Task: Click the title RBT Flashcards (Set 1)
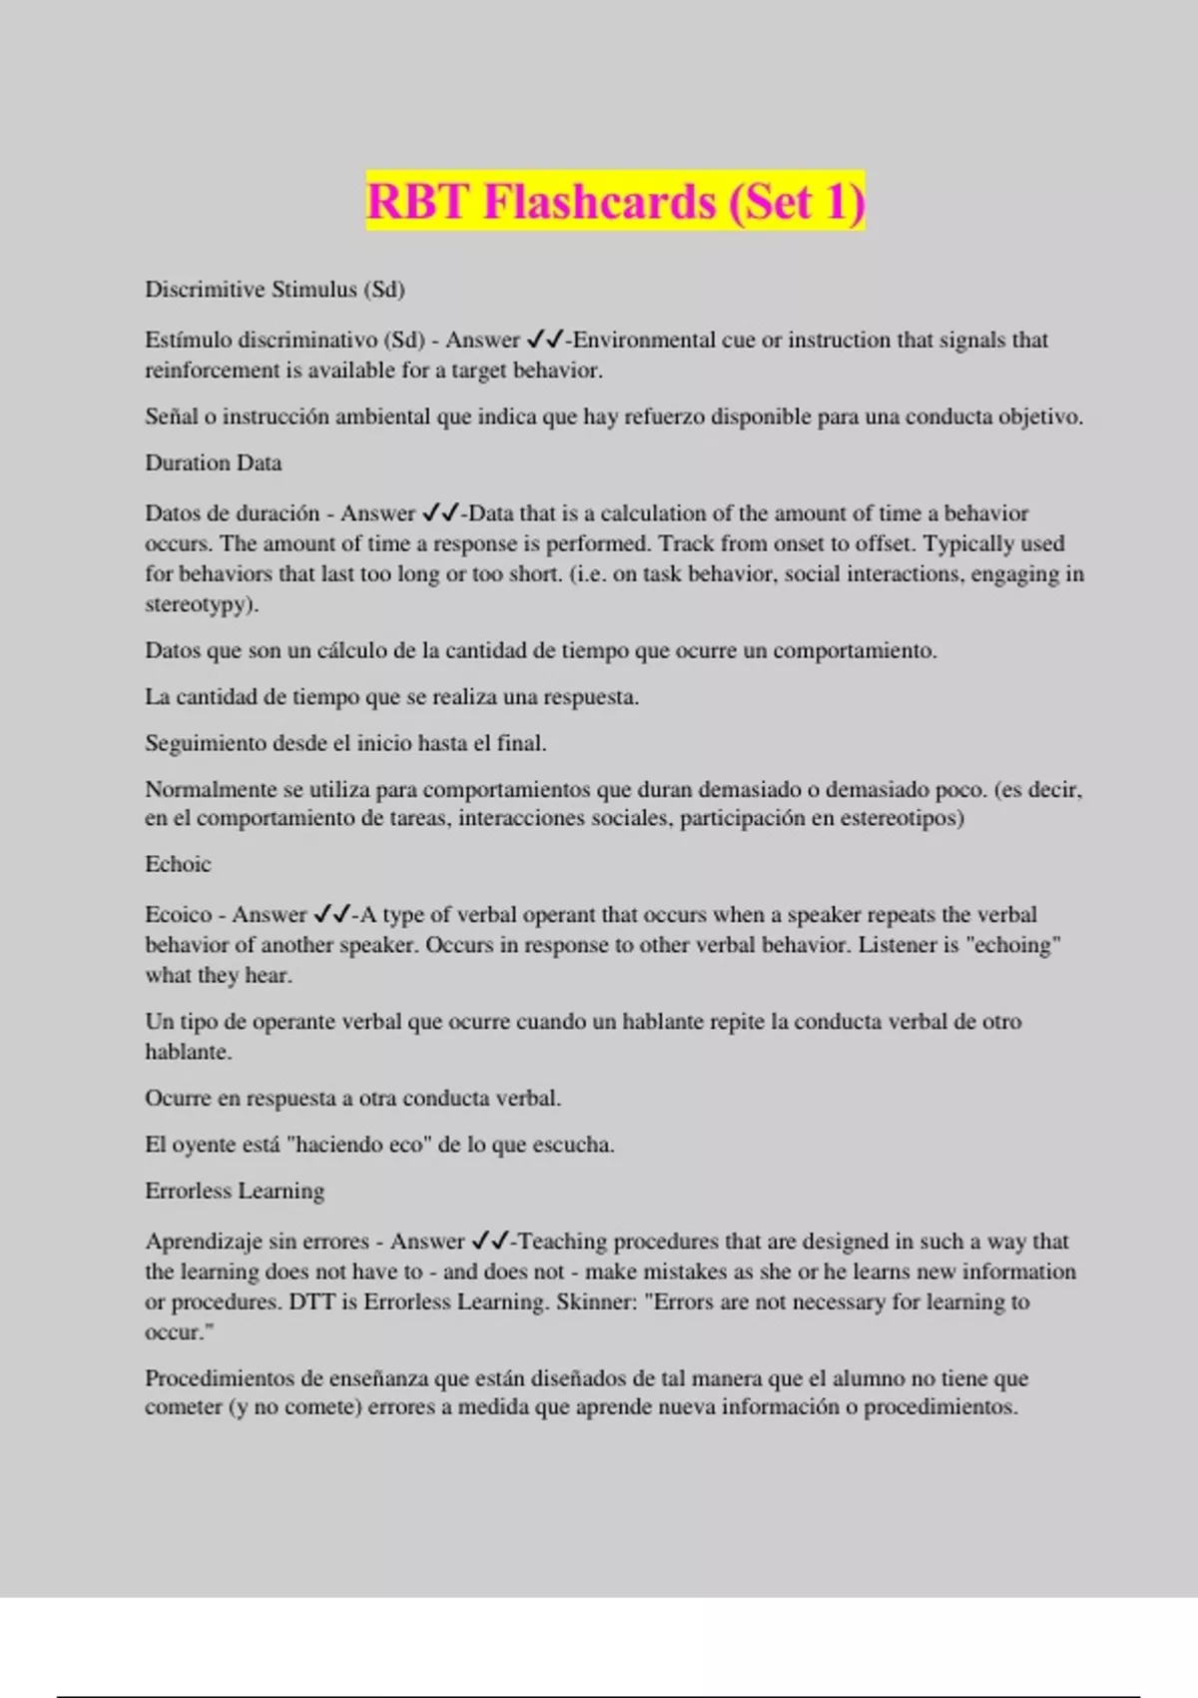coord(615,202)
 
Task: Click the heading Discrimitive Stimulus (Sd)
coord(275,290)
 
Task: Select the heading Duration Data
coord(213,463)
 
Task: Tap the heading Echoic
coord(178,864)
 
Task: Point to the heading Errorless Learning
coord(235,1191)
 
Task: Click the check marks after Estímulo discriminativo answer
coord(544,340)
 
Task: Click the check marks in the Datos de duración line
coord(439,513)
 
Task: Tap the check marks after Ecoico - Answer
coord(331,914)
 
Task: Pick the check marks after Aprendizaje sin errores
coord(489,1241)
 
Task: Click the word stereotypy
coord(197,604)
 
